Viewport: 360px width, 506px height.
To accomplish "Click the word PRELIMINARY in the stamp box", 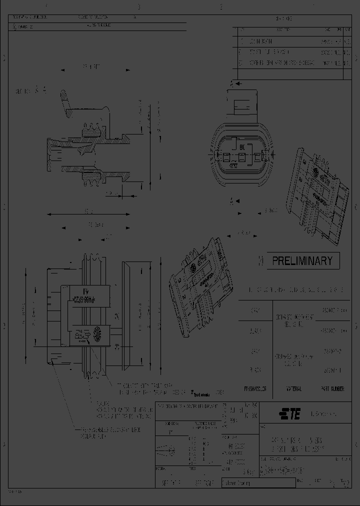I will (302, 260).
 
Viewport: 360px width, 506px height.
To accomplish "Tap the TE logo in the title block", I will (290, 413).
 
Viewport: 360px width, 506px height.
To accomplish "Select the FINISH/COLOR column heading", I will (255, 388).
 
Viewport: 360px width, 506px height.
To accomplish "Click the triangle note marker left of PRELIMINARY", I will (260, 260).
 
